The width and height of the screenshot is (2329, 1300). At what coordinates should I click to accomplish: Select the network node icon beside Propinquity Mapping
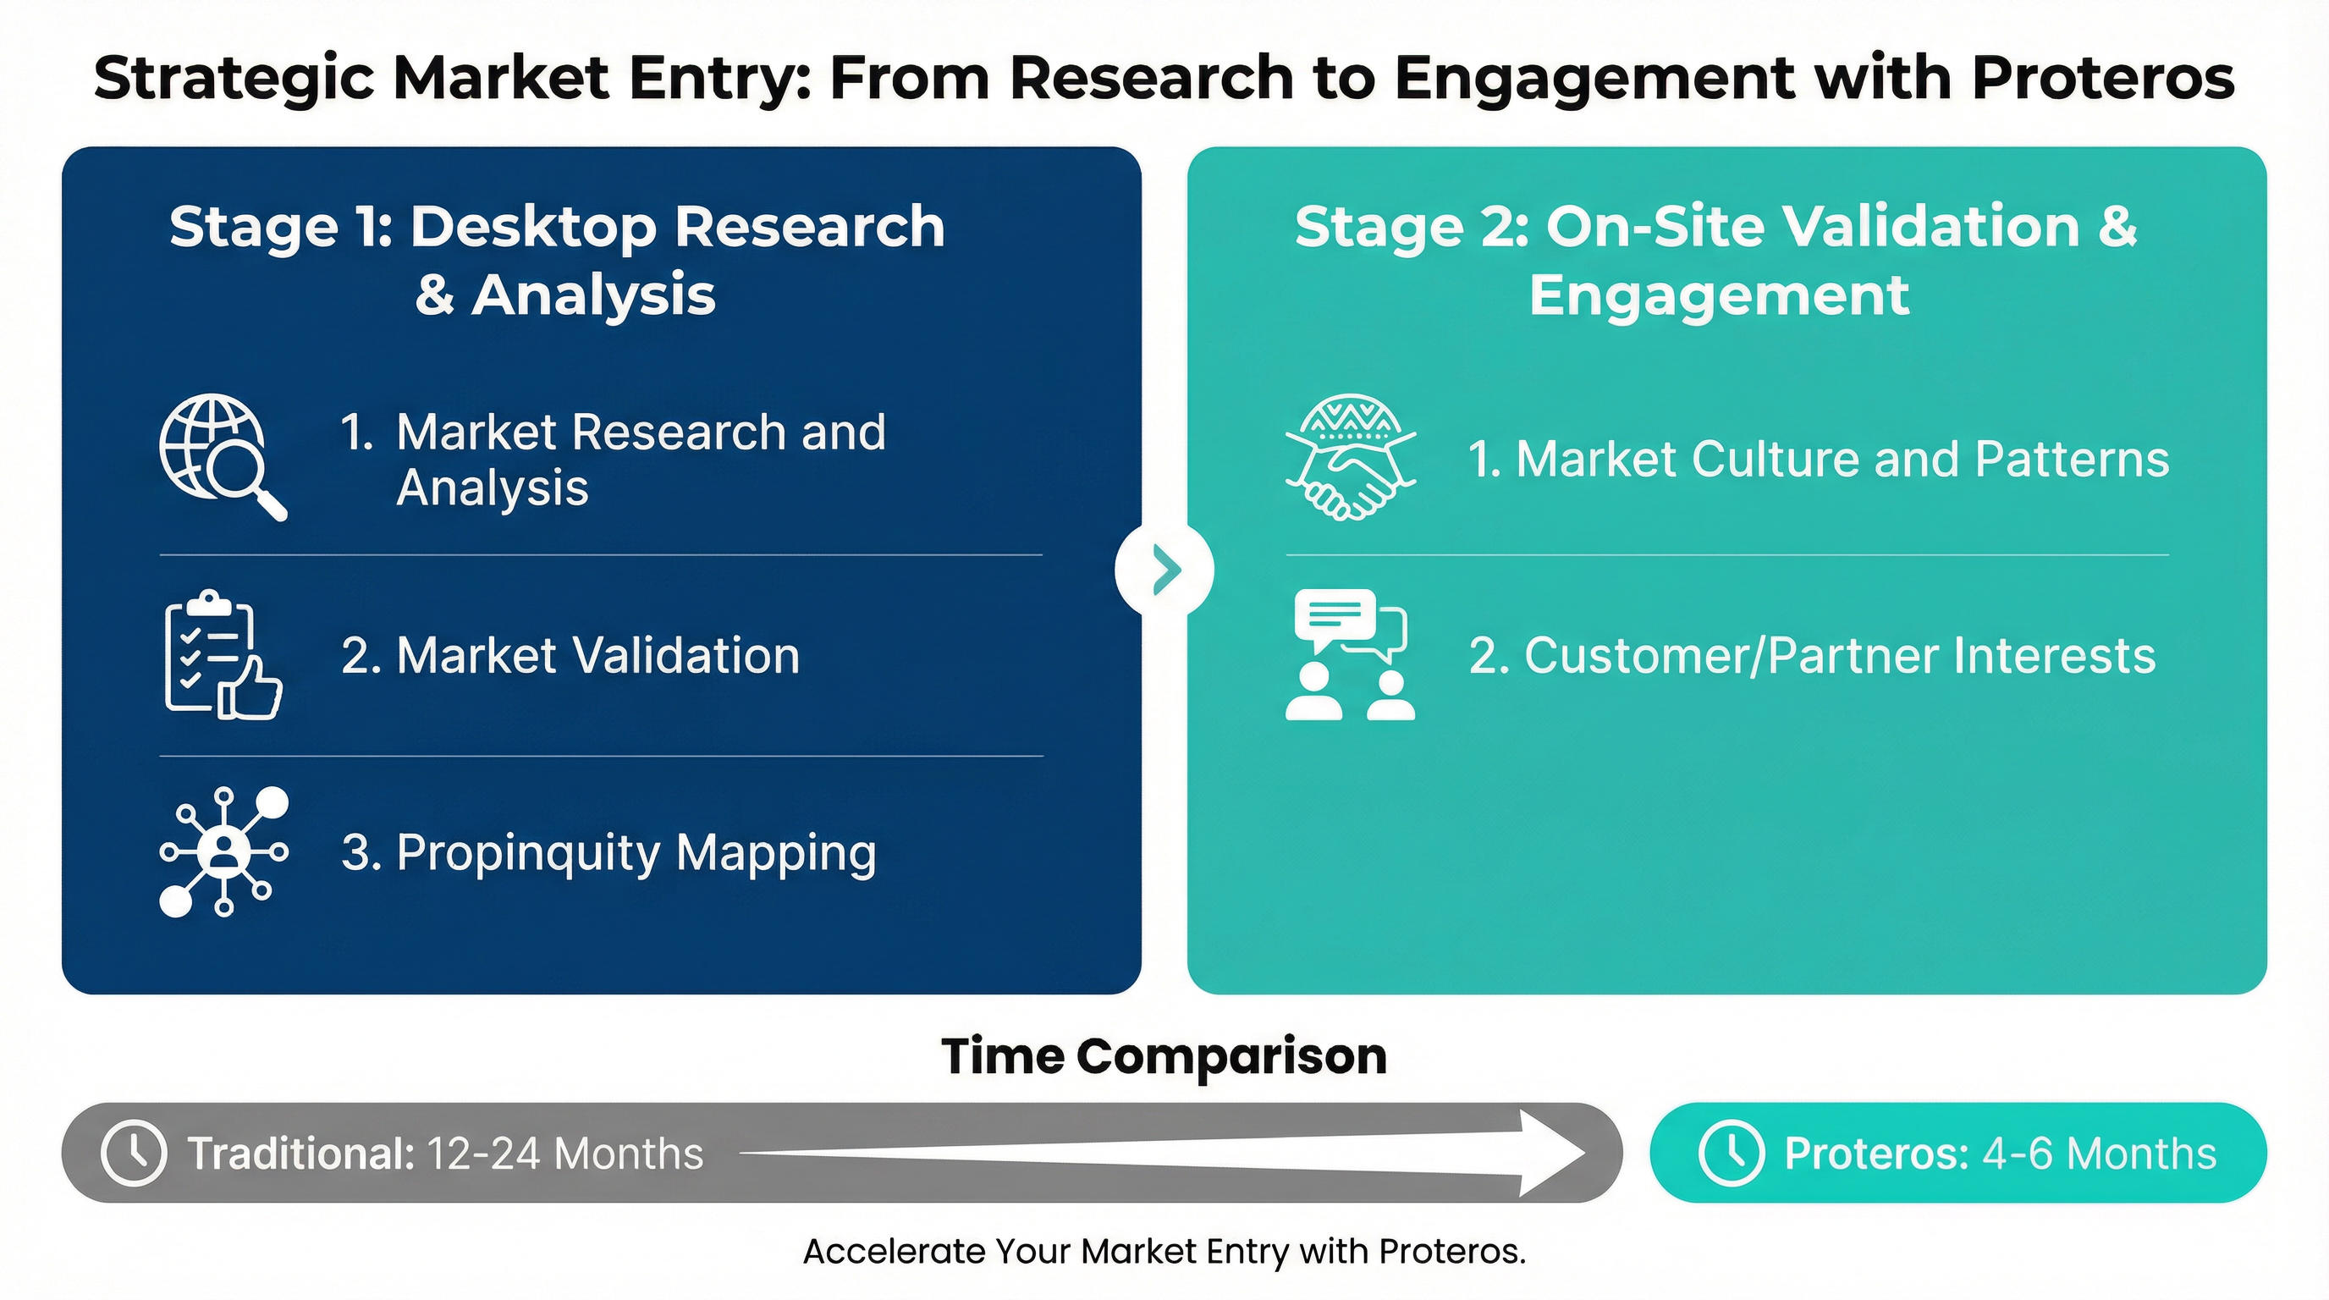223,851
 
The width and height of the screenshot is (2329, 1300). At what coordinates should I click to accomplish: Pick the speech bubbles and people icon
1350,654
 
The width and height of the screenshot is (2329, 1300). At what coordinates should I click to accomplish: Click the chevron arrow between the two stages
1165,570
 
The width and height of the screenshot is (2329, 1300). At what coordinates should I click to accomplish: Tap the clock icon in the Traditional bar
133,1153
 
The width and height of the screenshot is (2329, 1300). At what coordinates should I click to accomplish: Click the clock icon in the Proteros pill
1731,1153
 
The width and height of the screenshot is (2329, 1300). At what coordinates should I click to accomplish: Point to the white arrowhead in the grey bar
1550,1153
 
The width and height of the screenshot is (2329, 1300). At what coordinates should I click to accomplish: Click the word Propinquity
529,853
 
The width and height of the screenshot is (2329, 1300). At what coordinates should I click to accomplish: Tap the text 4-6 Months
2099,1154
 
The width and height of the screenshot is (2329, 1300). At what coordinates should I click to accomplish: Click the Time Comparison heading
1164,1056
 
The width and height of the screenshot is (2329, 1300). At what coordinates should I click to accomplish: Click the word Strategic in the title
234,78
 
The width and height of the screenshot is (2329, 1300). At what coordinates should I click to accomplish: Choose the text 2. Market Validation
570,655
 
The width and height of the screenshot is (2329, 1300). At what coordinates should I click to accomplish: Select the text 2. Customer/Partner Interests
1812,655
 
